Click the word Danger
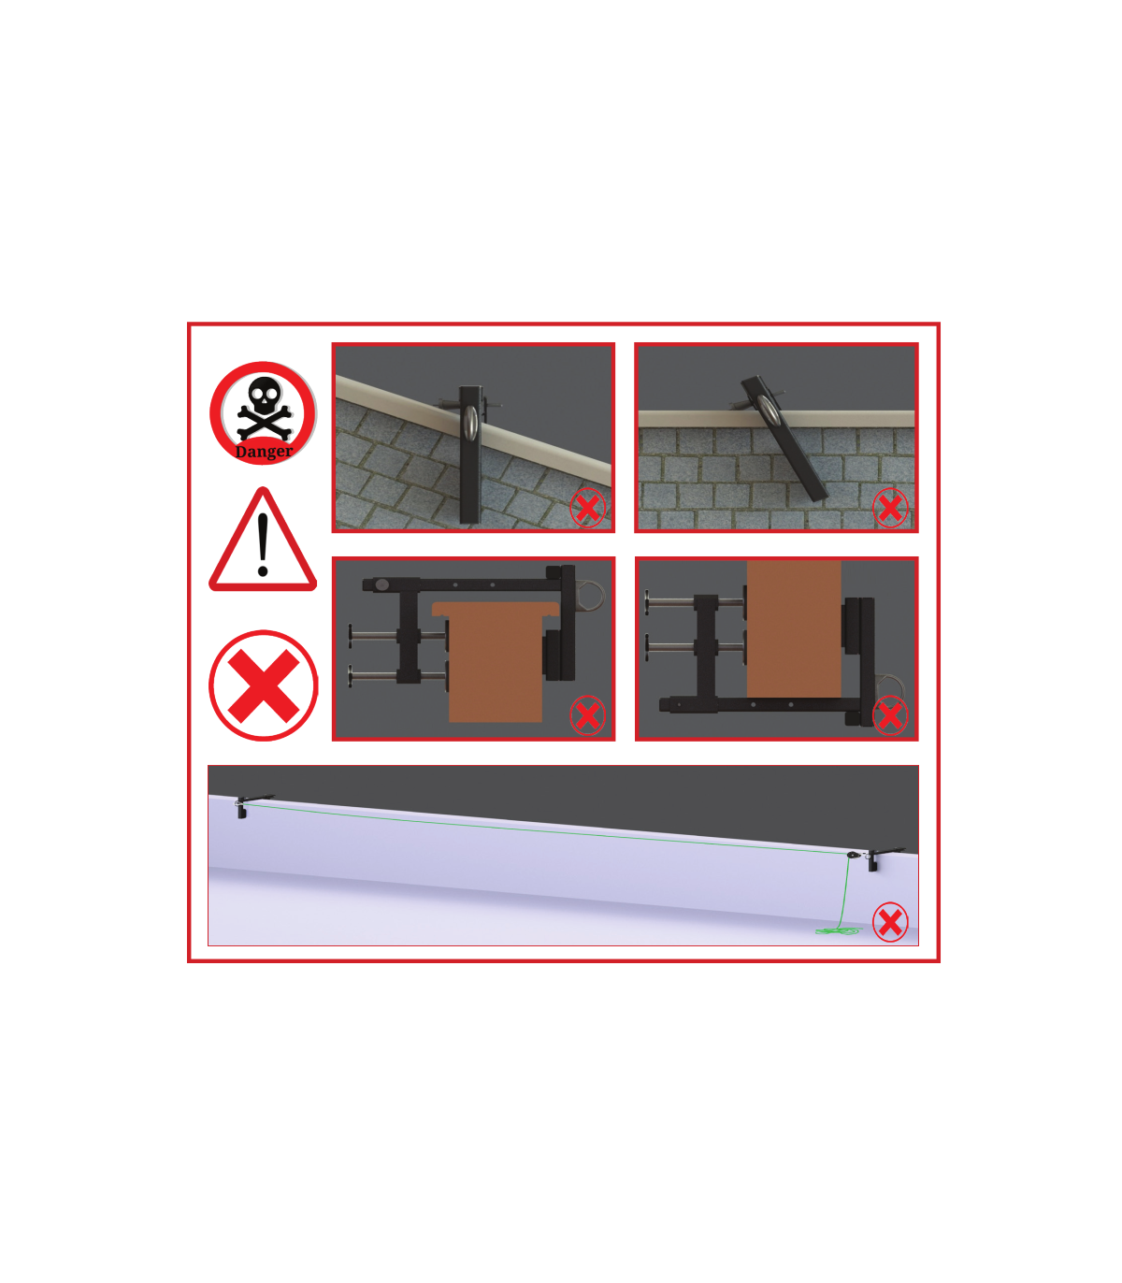(x=264, y=451)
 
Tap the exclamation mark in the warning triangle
(x=264, y=544)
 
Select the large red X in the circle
(x=264, y=685)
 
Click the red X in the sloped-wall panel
(x=587, y=508)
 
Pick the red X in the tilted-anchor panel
(x=890, y=508)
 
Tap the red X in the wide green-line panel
(x=890, y=922)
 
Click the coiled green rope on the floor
(x=839, y=930)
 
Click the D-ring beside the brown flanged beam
(x=593, y=595)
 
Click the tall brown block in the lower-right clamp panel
(x=794, y=629)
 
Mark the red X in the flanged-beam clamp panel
(x=587, y=715)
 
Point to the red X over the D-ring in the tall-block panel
(x=890, y=715)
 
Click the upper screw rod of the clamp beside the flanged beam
(x=397, y=636)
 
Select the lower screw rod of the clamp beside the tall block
(x=695, y=645)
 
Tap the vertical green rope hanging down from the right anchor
(x=845, y=891)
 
